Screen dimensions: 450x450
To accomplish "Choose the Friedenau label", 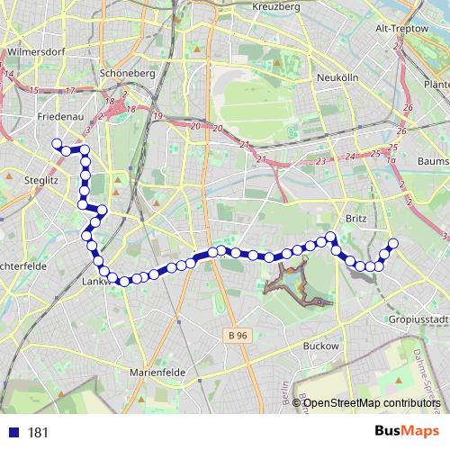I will (x=61, y=118).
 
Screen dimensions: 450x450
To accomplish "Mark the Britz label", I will (x=354, y=218).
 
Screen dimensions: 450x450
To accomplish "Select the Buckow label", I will (x=321, y=346).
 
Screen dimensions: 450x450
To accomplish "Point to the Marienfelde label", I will (x=157, y=372).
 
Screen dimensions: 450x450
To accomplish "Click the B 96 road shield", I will (x=236, y=335).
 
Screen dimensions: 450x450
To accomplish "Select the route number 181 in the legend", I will (x=38, y=432).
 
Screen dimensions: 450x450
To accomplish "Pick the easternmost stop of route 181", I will (x=392, y=243).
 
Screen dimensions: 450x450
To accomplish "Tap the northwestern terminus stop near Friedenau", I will (x=57, y=144).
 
